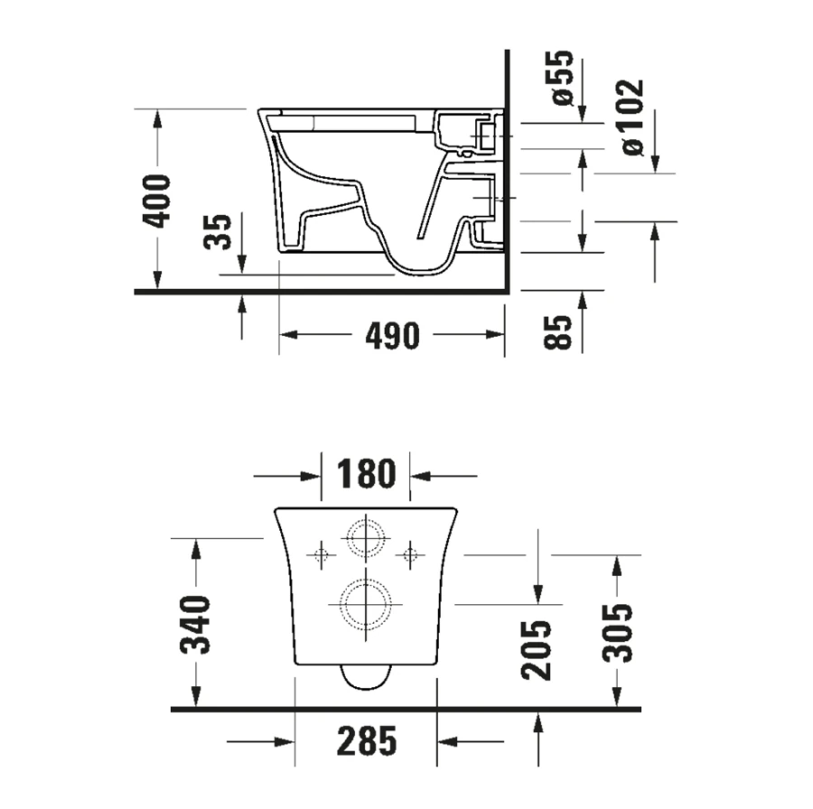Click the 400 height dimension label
click(x=156, y=201)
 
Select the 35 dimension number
click(x=217, y=231)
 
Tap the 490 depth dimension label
click(x=393, y=336)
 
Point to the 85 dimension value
click(x=558, y=331)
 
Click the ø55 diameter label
click(x=563, y=78)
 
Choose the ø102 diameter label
click(x=633, y=117)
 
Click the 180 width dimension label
click(x=366, y=474)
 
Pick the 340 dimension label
click(x=195, y=625)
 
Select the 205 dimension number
click(x=537, y=649)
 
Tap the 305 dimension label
click(x=617, y=633)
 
